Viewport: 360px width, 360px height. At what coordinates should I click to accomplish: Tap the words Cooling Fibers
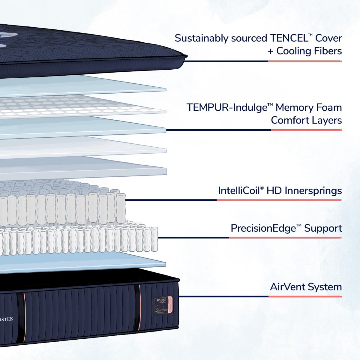pyautogui.click(x=309, y=51)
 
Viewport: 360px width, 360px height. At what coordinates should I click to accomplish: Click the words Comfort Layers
pyautogui.click(x=306, y=120)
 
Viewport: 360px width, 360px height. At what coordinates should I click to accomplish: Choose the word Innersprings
pyautogui.click(x=313, y=190)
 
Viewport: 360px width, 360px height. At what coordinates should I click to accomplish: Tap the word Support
pyautogui.click(x=323, y=228)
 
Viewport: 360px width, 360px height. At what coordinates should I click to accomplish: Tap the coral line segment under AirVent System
pyautogui.click(x=305, y=297)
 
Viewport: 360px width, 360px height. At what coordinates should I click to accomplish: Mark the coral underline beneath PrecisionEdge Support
pyautogui.click(x=285, y=238)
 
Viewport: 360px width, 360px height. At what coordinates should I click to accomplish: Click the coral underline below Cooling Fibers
pyautogui.click(x=304, y=61)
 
